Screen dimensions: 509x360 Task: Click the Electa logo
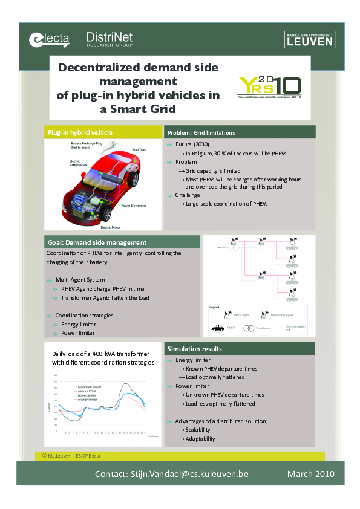[x=49, y=39]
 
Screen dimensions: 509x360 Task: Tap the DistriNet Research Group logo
[x=110, y=39]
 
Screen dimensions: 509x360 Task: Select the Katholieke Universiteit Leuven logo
[x=309, y=39]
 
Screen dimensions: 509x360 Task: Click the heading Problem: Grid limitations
[x=201, y=132]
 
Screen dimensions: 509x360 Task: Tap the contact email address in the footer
[x=171, y=474]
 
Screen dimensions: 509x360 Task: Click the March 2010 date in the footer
[x=309, y=474]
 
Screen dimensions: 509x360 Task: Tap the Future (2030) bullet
[x=192, y=146]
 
